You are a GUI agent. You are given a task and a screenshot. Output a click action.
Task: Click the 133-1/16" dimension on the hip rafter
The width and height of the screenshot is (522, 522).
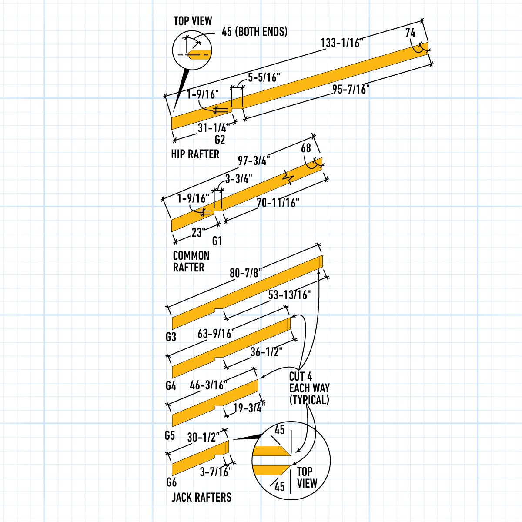tap(341, 43)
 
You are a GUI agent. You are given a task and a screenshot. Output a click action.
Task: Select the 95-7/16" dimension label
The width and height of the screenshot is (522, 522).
tap(351, 90)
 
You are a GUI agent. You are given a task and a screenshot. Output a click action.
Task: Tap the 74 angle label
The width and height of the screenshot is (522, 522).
tap(410, 33)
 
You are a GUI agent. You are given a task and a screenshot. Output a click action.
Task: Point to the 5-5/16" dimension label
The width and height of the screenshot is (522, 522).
tap(264, 77)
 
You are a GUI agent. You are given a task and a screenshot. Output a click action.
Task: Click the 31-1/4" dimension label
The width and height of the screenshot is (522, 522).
tap(213, 128)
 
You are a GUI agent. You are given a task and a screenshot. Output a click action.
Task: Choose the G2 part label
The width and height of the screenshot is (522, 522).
tap(220, 140)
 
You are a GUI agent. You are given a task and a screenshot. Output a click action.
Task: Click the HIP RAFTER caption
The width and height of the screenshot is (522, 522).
tap(195, 154)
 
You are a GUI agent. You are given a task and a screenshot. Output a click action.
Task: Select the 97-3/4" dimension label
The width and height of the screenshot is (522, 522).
tap(254, 160)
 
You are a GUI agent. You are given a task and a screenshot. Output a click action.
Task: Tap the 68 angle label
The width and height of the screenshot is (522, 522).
tap(306, 148)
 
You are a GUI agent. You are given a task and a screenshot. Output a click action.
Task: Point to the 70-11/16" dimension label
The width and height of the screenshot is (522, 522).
tap(278, 203)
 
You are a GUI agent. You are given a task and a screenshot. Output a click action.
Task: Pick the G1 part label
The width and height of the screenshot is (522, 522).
tap(217, 241)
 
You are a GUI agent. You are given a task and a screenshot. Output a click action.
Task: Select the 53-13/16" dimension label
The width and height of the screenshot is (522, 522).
tap(289, 295)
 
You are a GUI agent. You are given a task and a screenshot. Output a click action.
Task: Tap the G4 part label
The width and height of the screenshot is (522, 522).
tap(171, 385)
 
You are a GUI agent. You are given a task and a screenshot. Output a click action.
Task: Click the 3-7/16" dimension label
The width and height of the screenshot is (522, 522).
tap(216, 472)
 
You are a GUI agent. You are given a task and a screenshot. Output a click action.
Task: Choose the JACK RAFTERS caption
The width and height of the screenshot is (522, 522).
tap(201, 497)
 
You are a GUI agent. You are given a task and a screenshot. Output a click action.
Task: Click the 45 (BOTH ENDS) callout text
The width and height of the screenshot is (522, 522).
tap(254, 32)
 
